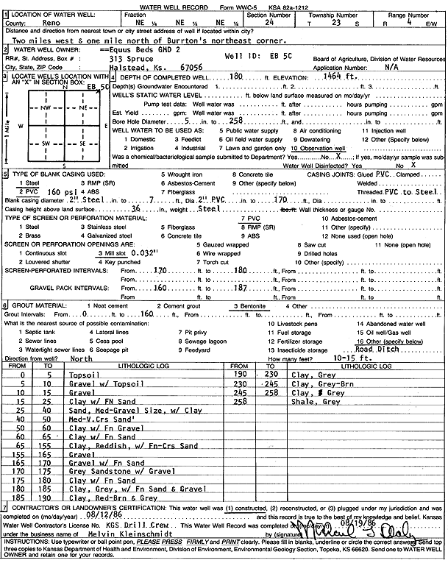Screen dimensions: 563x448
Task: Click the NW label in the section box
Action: coord(45,107)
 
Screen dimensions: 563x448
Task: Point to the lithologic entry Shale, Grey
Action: coord(310,403)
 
